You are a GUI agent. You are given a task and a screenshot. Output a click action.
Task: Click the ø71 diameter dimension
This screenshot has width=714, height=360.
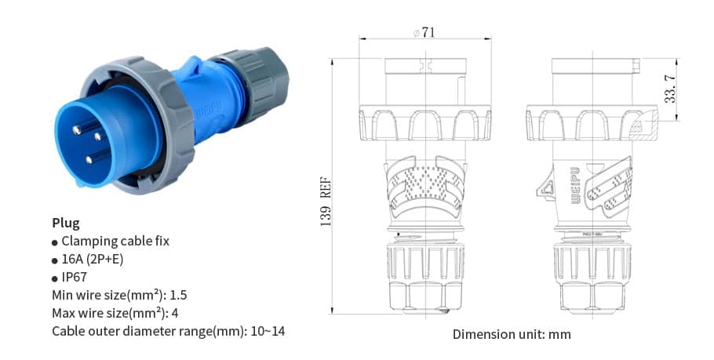point(424,32)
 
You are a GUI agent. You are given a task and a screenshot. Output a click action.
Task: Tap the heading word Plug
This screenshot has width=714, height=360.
point(66,223)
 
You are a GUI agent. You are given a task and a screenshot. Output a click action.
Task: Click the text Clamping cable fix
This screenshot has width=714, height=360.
point(115,241)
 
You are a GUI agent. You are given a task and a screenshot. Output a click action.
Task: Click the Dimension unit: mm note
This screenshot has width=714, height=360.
point(512,334)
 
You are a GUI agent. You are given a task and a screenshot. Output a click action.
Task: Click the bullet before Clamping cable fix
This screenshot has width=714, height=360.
point(55,242)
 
